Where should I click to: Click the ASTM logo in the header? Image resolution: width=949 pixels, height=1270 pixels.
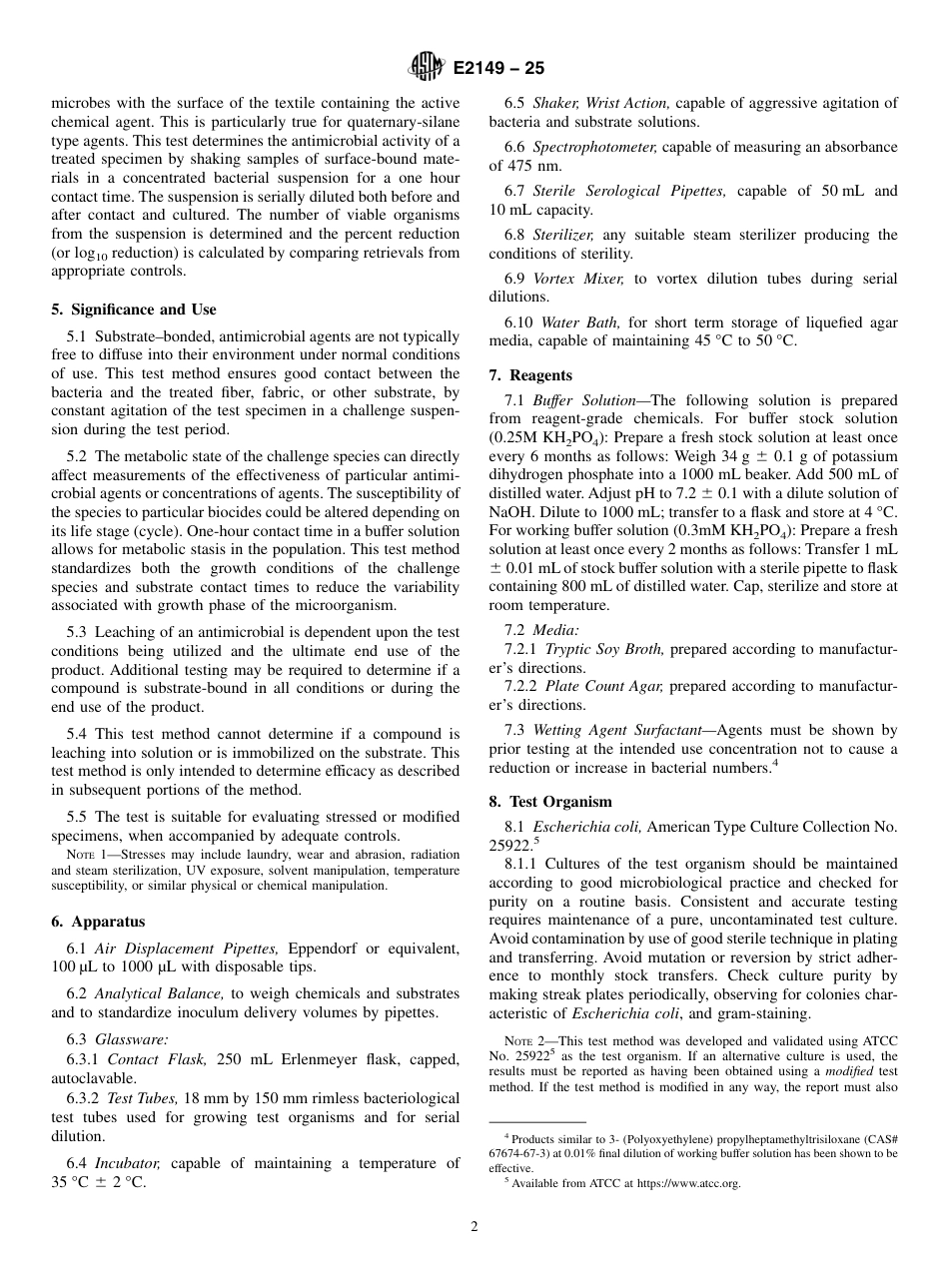click(x=427, y=68)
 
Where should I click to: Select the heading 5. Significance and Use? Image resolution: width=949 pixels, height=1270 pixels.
click(x=133, y=310)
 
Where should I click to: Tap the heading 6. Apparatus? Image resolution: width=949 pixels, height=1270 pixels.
click(x=97, y=922)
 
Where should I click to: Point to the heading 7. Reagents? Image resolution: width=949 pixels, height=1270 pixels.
click(x=529, y=375)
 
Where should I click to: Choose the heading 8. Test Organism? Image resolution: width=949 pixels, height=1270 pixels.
click(x=549, y=802)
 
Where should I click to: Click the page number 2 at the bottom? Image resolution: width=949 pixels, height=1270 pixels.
click(x=474, y=1227)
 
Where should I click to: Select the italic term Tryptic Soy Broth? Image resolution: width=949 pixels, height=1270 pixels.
click(x=603, y=649)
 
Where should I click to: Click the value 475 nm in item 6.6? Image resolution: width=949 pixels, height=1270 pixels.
click(x=512, y=166)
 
